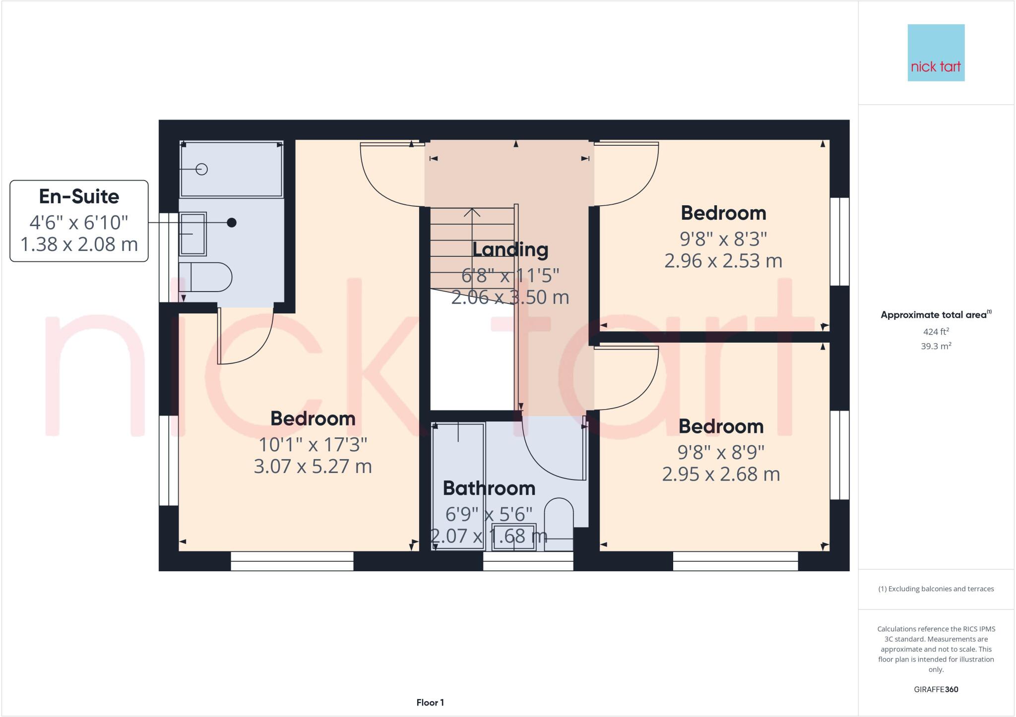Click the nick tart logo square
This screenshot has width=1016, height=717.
pos(936,53)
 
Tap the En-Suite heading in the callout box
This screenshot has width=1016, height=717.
pos(79,196)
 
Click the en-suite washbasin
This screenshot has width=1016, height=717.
pos(192,234)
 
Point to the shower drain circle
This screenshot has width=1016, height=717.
pos(201,169)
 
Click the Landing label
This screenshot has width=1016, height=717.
pos(510,249)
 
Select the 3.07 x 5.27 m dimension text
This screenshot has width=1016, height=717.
pos(313,466)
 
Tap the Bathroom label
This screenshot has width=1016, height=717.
pos(489,488)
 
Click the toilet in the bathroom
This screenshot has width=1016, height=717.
pos(559,521)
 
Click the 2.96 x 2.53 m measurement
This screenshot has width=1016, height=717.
pos(723,261)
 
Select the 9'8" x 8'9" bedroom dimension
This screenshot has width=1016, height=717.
pos(721,452)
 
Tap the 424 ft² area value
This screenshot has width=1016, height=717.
pos(936,332)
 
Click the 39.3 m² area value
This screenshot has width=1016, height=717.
pos(936,346)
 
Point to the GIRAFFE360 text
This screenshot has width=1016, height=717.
pos(936,689)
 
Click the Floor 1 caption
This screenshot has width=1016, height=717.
pos(430,703)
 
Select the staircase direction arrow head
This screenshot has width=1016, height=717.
pos(472,212)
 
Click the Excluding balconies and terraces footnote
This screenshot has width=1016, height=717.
pos(936,589)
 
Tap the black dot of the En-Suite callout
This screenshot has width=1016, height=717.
pos(232,223)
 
